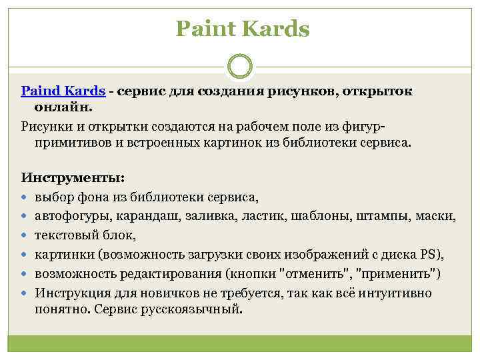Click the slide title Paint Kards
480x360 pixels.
[x=243, y=29]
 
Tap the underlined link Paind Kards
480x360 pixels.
[x=63, y=91]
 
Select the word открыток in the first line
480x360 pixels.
[x=377, y=91]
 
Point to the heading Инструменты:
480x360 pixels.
[x=73, y=178]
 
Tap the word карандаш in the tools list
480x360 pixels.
[x=143, y=216]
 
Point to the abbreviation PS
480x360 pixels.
[x=428, y=255]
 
